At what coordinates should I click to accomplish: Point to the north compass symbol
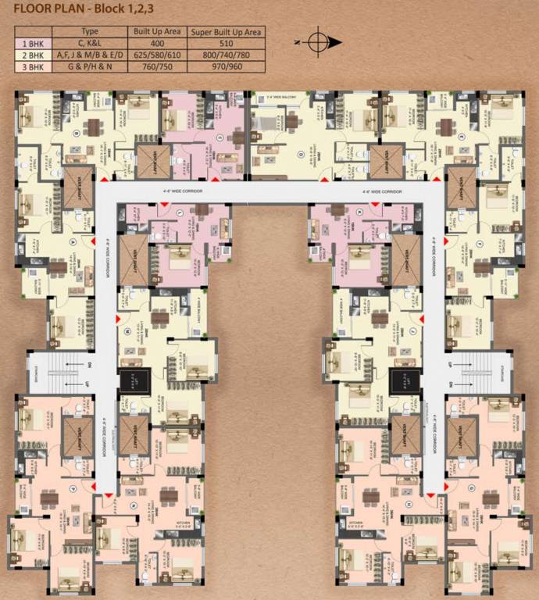click(x=319, y=41)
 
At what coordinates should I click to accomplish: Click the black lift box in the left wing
click(x=128, y=381)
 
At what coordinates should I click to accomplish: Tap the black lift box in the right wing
click(x=400, y=381)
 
